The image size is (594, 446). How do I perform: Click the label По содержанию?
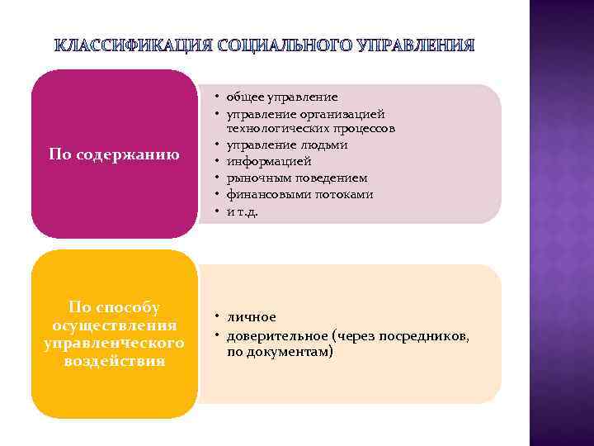pyautogui.click(x=114, y=154)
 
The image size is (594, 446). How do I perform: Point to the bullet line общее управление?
pyautogui.click(x=282, y=97)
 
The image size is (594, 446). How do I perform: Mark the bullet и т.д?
pyautogui.click(x=243, y=211)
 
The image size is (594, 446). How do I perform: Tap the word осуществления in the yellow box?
pyautogui.click(x=114, y=325)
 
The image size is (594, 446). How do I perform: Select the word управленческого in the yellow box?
pyautogui.click(x=114, y=343)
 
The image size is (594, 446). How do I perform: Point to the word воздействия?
pyautogui.click(x=114, y=361)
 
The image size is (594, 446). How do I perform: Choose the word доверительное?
pyautogui.click(x=278, y=335)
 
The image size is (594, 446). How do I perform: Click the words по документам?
pyautogui.click(x=280, y=352)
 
